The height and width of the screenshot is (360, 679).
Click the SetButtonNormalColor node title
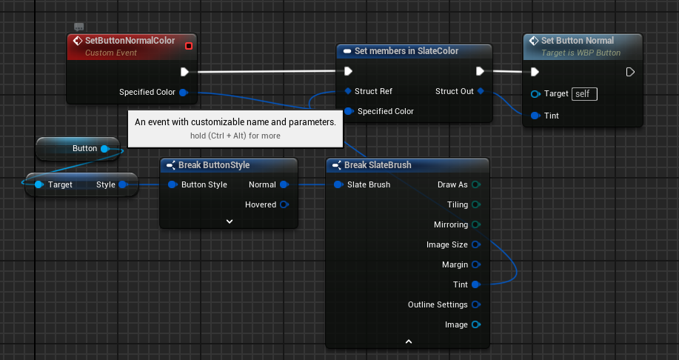[130, 41]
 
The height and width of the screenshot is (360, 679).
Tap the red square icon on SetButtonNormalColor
[189, 46]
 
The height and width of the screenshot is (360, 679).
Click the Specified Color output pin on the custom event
[183, 93]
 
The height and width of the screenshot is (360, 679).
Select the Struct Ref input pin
[348, 91]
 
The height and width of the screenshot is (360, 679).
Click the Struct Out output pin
[481, 91]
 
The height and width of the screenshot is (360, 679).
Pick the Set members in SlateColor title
[407, 51]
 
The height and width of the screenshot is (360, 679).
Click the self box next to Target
[585, 94]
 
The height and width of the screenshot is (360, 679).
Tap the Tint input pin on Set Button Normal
[535, 116]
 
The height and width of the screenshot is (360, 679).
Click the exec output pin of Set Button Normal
[630, 72]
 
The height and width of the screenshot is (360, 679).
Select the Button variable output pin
[104, 149]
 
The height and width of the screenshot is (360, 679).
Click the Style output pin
[123, 184]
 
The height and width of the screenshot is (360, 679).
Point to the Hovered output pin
[284, 204]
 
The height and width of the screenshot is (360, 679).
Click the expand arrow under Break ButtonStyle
[230, 221]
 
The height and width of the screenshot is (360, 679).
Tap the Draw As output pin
[475, 184]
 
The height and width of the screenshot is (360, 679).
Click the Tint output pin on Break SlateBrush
[475, 284]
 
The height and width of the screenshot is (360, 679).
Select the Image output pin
[475, 324]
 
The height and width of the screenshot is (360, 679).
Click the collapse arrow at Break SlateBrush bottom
[408, 341]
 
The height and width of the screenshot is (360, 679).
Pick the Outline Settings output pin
[475, 304]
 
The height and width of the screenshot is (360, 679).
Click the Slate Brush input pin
[338, 184]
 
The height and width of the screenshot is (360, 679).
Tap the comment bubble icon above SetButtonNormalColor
[78, 27]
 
